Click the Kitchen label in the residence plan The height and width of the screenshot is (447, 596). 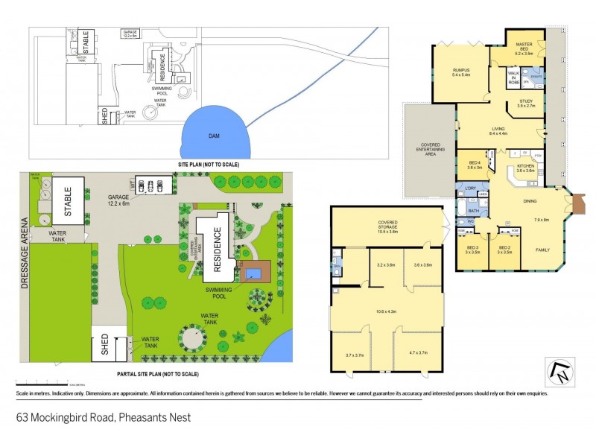point(526,168)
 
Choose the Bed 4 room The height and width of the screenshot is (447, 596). point(475,165)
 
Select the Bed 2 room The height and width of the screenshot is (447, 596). point(504,249)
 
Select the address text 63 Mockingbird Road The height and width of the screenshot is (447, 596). point(104,416)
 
